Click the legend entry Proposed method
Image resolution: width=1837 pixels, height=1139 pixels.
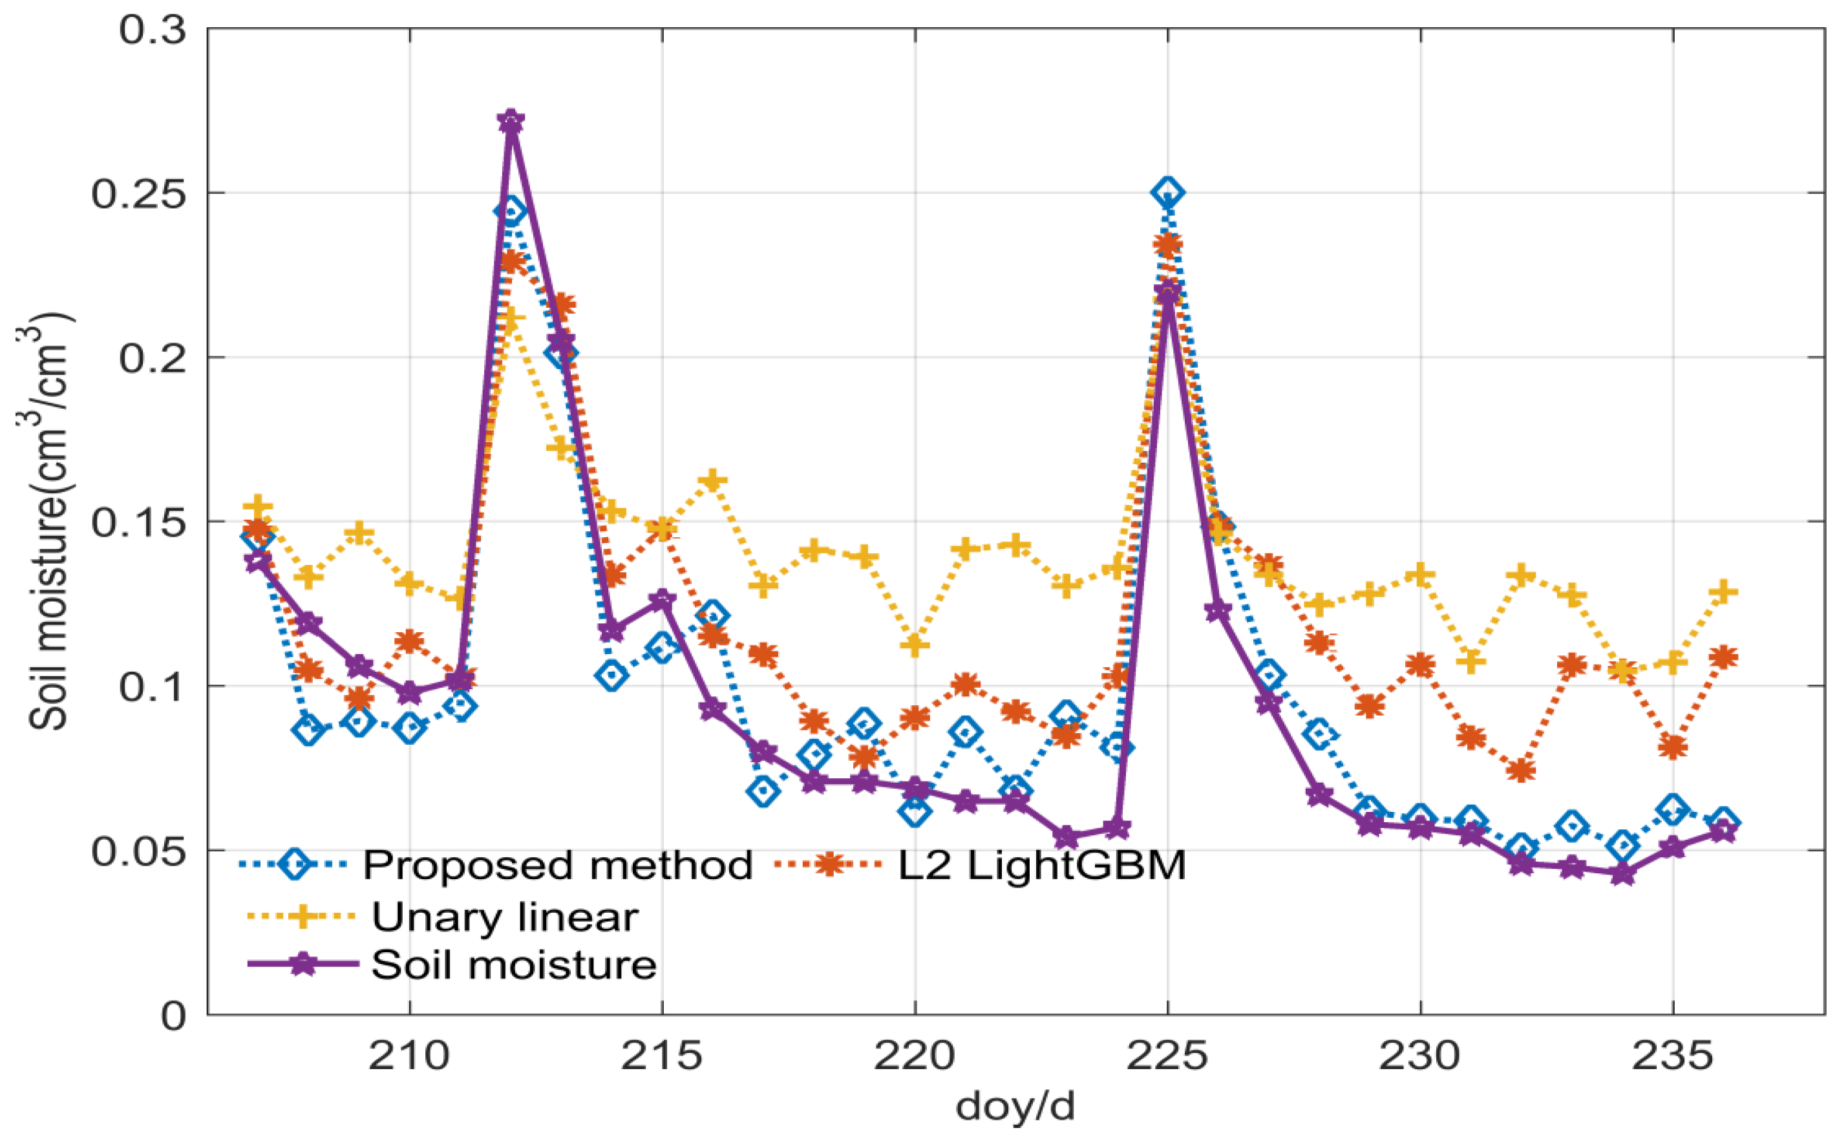[557, 865]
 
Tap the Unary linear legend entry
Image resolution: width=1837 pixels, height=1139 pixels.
[505, 916]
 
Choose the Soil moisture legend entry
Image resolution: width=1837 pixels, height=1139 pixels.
[514, 964]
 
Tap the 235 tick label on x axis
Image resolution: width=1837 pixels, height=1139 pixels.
[1672, 1057]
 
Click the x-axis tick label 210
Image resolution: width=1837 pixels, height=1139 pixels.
[409, 1057]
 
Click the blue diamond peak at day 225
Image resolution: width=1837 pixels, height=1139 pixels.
[1167, 193]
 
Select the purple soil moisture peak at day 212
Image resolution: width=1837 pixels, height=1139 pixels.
[511, 122]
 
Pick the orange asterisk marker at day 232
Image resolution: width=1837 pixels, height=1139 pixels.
[1521, 771]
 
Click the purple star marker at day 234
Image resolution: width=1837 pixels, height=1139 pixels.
[1622, 875]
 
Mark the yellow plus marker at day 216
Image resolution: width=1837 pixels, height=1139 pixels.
[712, 480]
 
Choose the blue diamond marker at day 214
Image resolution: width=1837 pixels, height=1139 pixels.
[611, 675]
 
